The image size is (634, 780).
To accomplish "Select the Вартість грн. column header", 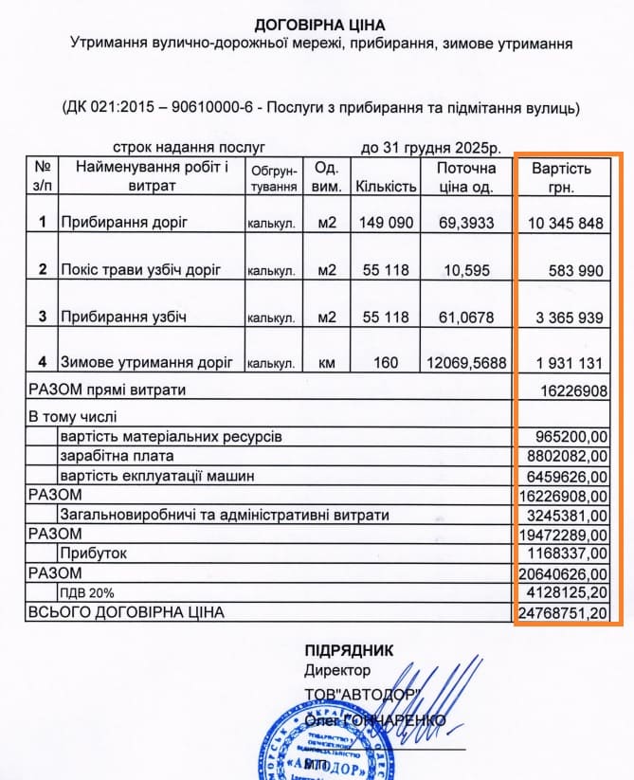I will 561,177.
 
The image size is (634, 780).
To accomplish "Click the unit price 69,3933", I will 466,223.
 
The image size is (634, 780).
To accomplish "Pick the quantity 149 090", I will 386,223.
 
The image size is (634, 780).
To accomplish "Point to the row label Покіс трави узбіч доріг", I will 140,270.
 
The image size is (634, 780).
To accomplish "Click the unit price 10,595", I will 466,270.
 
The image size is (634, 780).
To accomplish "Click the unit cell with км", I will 326,363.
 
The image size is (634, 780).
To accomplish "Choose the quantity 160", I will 386,363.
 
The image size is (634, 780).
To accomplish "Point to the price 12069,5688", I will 466,363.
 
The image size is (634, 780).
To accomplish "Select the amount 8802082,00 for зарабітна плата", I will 564,456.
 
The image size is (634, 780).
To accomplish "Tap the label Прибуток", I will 93,553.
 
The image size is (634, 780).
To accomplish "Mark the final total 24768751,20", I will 564,612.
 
